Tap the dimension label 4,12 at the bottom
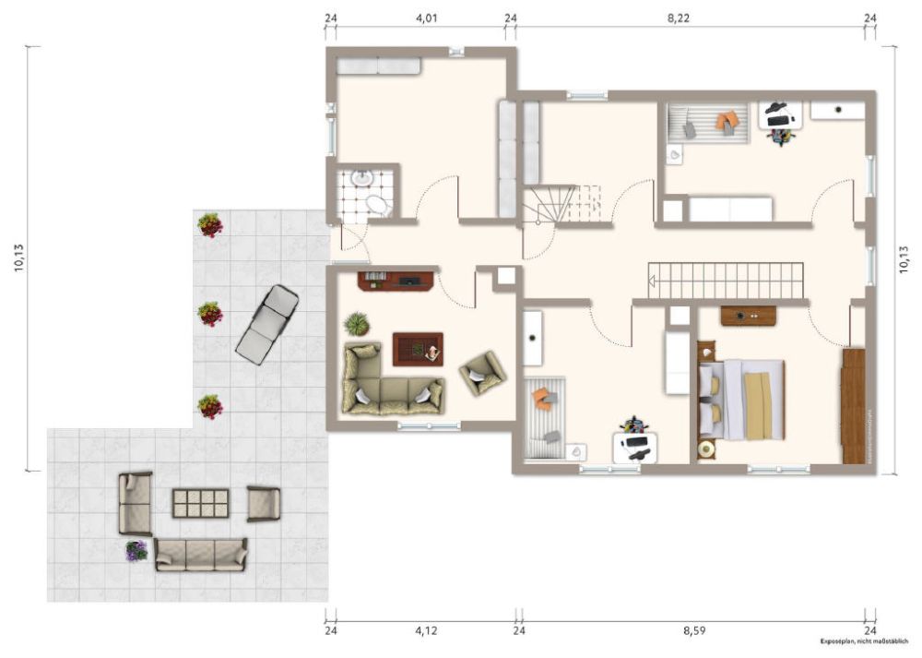click(x=425, y=631)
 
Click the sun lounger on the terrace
click(x=267, y=323)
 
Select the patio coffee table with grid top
click(x=200, y=503)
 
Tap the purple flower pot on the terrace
click(x=136, y=551)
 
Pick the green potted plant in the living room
click(x=356, y=324)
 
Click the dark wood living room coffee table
click(x=418, y=349)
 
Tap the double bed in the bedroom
click(x=742, y=399)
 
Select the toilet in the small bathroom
click(x=378, y=205)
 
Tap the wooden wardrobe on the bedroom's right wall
click(x=854, y=406)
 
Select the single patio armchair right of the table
click(x=263, y=503)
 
